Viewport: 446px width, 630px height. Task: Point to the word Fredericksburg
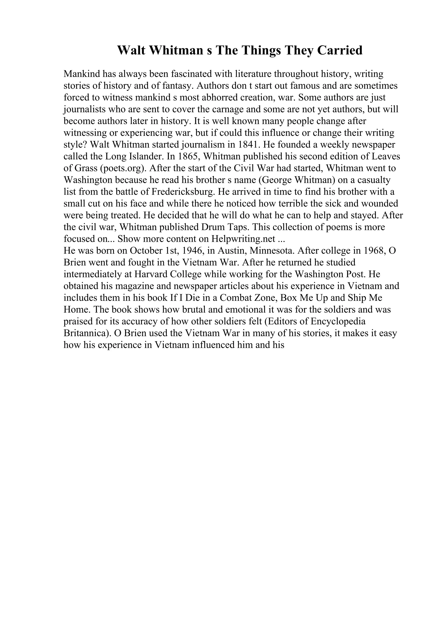[x=183, y=192]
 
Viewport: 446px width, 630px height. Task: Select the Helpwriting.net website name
[x=243, y=239]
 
